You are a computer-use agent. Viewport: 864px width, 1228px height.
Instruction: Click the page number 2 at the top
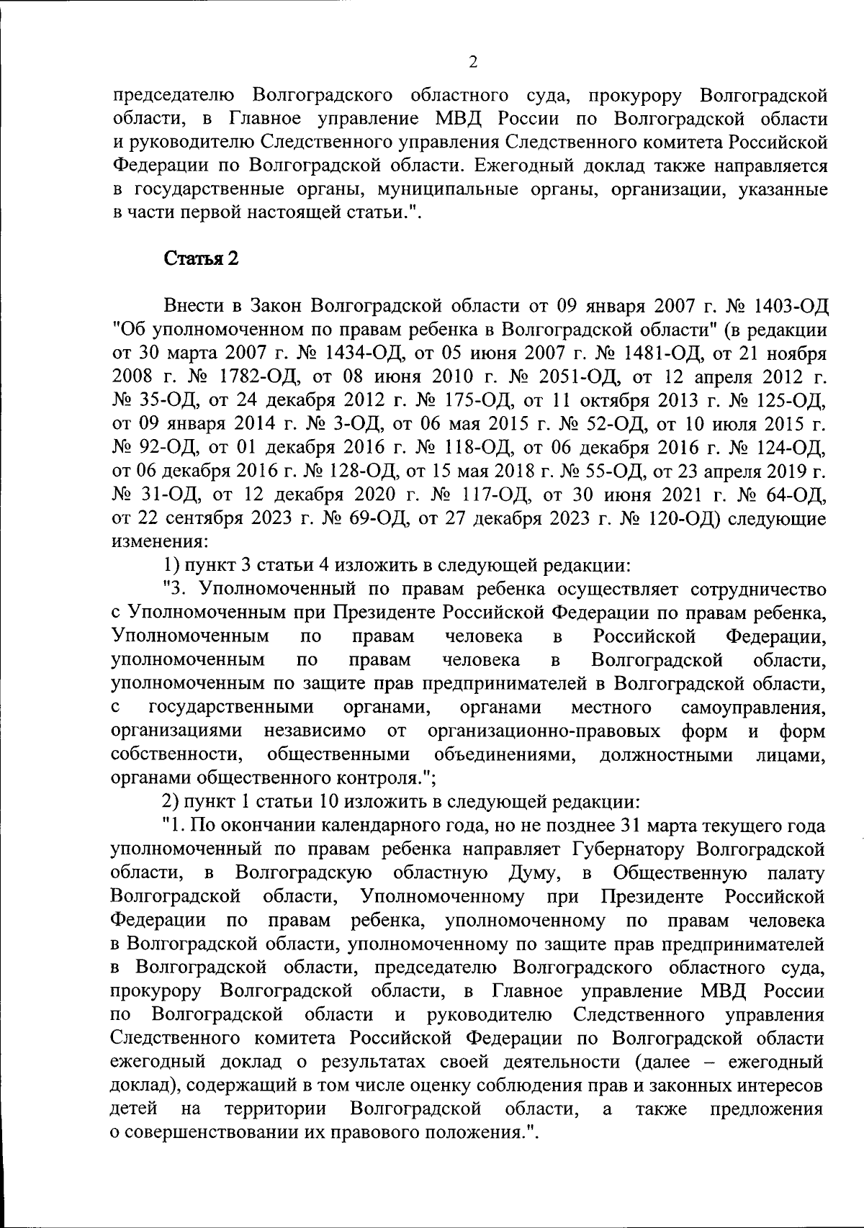click(472, 63)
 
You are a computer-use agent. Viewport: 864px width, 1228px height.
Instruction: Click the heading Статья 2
click(202, 259)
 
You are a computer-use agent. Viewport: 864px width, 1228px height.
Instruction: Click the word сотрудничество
click(757, 590)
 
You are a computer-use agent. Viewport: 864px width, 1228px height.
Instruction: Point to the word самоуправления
click(754, 708)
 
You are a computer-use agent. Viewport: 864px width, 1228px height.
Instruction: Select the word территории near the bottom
click(275, 1109)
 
